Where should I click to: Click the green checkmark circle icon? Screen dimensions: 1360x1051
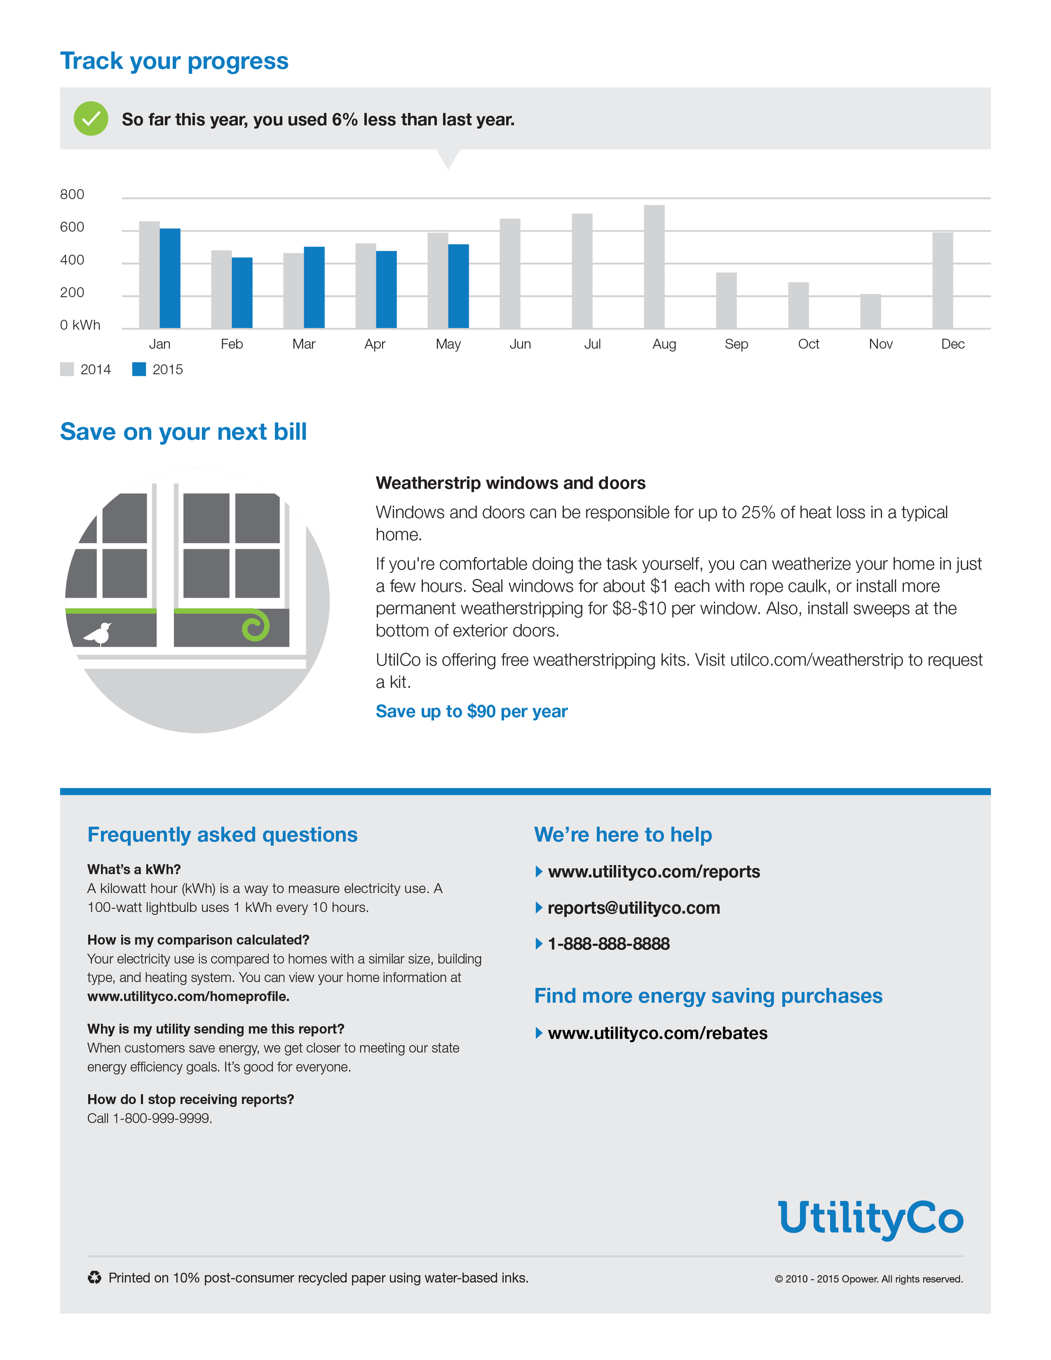[x=91, y=118]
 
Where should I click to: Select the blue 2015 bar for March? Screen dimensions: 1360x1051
[x=314, y=287]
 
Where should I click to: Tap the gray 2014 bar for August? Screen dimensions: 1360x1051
[x=654, y=267]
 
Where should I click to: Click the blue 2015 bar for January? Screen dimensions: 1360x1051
[x=170, y=278]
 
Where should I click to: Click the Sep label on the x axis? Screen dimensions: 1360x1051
[x=736, y=344]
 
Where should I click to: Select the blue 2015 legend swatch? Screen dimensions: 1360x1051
[x=139, y=369]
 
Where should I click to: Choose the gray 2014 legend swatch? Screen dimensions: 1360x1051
[x=66, y=369]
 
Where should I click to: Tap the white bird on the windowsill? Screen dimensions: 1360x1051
[x=98, y=634]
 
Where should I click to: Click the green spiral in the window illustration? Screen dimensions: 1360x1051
[x=255, y=626]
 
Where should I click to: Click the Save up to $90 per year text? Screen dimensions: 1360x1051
[x=471, y=711]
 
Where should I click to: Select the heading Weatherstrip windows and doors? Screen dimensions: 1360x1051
[x=510, y=483]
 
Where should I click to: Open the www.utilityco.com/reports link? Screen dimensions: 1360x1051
[x=653, y=872]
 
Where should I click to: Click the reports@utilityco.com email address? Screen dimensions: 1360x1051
[x=633, y=908]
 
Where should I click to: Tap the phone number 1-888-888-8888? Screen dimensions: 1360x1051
[x=608, y=944]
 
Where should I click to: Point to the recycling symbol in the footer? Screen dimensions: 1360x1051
[x=94, y=1278]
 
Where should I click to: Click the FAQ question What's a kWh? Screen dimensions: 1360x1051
[x=134, y=869]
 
